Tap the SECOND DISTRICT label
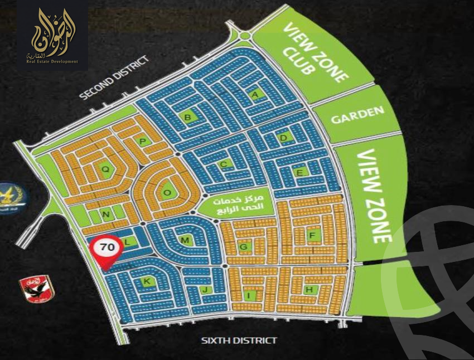pos(115,77)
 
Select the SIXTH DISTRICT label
pos(239,340)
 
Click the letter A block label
pos(257,95)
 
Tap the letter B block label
pos(188,116)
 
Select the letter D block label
pos(284,137)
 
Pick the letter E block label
pos(299,173)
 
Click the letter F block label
pos(312,235)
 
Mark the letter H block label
pos(308,289)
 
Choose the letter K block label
pos(147,282)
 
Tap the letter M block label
pos(186,240)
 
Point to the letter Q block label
pos(104,168)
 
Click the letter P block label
pos(143,142)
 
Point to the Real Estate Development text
pos(52,62)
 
